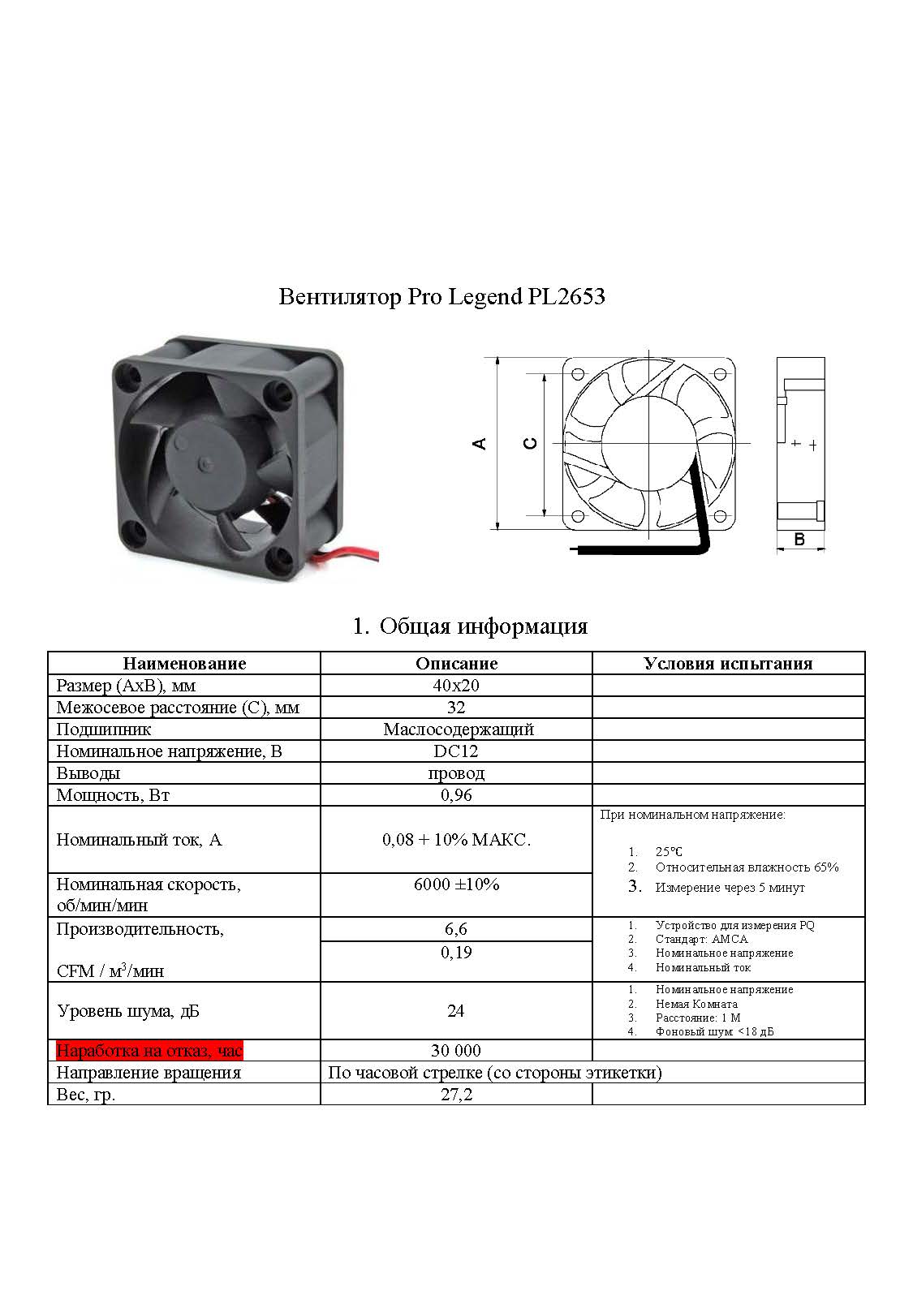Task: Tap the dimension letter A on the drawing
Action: click(480, 444)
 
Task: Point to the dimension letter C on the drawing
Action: click(529, 444)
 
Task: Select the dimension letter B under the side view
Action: click(799, 539)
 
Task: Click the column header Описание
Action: click(456, 663)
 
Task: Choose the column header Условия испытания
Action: click(728, 663)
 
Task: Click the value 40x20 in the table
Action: click(456, 685)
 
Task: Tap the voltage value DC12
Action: click(456, 751)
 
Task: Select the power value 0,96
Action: click(456, 794)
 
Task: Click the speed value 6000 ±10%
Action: click(456, 884)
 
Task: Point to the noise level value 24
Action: click(456, 1010)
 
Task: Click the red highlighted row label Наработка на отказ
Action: click(149, 1051)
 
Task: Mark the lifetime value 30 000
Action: click(456, 1051)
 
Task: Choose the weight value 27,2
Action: click(456, 1095)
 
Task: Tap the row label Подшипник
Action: click(103, 729)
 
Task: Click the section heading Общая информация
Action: click(483, 626)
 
